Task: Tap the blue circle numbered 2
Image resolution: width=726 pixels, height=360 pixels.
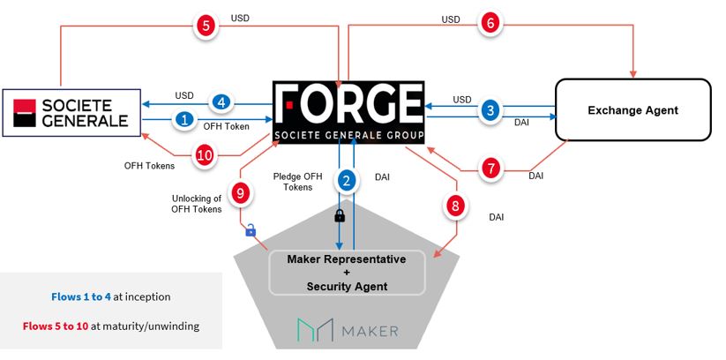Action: [x=346, y=182]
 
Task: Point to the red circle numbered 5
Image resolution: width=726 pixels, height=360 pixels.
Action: [x=206, y=26]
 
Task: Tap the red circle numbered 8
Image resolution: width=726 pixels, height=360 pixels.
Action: [x=455, y=207]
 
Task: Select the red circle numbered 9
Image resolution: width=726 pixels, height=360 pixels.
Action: [x=239, y=191]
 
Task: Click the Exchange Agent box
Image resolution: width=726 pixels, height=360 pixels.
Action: [x=632, y=109]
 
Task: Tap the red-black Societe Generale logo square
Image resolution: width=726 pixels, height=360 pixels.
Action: [x=28, y=112]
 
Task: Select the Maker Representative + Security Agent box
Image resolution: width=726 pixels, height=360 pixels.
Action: [x=348, y=274]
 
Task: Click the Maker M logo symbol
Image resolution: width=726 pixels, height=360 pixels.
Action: [x=311, y=331]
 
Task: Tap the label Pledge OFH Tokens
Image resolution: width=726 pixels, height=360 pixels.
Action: [x=296, y=182]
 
